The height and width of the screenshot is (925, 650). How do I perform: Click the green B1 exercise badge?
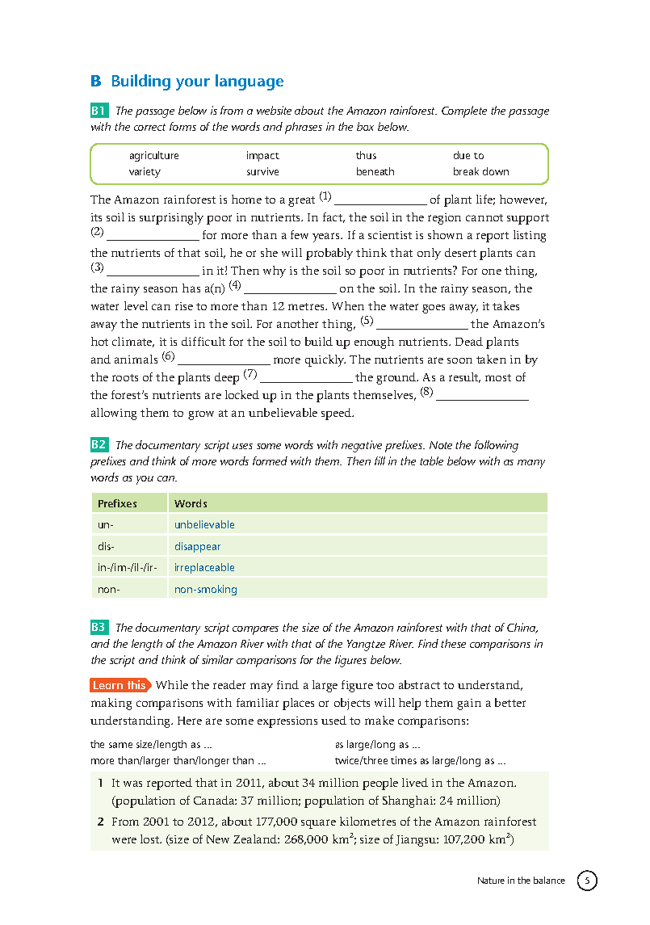tap(99, 111)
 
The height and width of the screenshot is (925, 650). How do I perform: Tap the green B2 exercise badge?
tap(99, 445)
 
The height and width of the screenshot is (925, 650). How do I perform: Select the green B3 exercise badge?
tap(99, 628)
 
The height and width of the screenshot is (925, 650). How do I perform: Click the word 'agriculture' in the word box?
tap(153, 156)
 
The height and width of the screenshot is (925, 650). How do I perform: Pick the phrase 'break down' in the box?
tap(480, 171)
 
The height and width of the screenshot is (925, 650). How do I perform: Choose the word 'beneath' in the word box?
tap(375, 171)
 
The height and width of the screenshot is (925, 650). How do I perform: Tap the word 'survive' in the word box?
tap(262, 171)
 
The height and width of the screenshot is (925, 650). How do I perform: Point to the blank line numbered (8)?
tap(482, 397)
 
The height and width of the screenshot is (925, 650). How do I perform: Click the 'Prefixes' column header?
tap(118, 503)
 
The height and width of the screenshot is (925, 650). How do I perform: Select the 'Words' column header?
tap(191, 503)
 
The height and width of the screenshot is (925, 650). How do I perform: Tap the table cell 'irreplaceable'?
tap(204, 567)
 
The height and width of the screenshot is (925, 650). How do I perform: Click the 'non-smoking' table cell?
tap(205, 589)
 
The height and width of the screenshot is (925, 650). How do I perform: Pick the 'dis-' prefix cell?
tap(106, 546)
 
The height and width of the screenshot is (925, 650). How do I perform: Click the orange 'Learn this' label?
tap(120, 685)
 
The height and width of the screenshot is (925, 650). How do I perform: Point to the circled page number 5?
tap(587, 881)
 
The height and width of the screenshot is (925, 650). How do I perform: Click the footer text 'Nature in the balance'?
tap(521, 881)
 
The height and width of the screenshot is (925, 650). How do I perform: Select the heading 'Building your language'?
tap(197, 82)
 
